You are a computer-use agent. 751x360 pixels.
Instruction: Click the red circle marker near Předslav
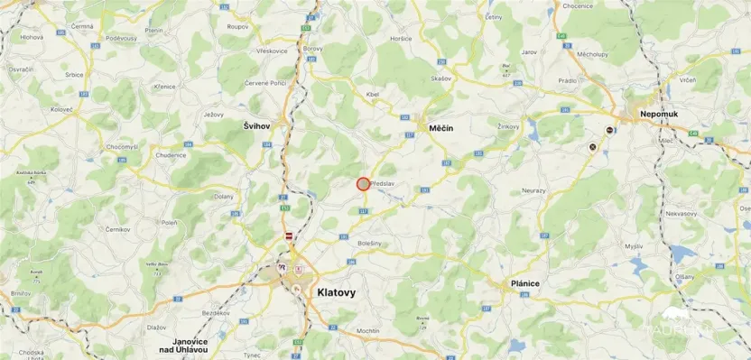click(363, 184)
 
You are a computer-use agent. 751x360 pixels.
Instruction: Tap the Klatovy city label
click(337, 292)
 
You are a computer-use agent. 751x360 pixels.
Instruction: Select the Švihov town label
click(257, 126)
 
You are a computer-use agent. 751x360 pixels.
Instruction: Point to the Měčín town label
click(440, 129)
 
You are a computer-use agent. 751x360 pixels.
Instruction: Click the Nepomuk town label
click(658, 115)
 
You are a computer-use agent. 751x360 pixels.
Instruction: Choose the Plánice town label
click(524, 283)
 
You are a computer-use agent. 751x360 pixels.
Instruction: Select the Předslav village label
click(384, 185)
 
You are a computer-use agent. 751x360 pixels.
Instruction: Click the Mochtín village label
click(367, 331)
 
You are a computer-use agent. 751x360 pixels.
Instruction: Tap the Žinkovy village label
click(509, 126)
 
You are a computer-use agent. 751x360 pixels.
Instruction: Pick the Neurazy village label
click(535, 191)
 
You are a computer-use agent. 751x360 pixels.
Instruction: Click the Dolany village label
click(223, 196)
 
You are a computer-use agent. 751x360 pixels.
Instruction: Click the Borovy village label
click(313, 48)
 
